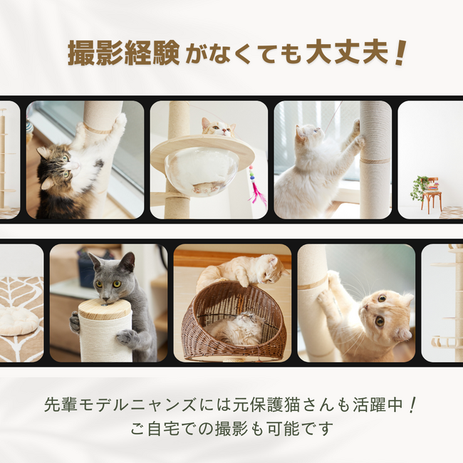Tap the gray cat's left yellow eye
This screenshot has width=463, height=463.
point(99,284)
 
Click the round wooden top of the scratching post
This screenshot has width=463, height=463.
point(105,308)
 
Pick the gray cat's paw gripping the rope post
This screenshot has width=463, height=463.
point(128,338)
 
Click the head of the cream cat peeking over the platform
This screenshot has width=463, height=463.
point(219,128)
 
